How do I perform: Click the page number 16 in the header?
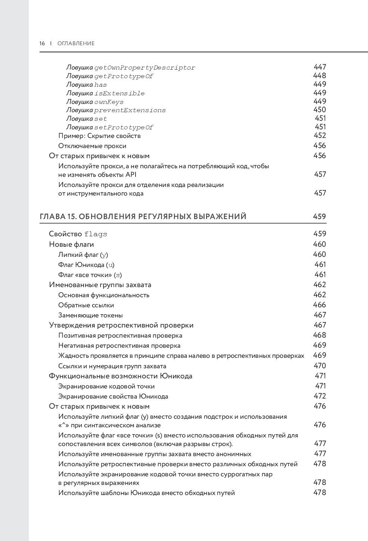click(42, 43)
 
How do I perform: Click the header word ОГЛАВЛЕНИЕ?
click(76, 43)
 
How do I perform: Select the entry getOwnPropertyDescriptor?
click(144, 68)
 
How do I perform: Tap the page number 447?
click(320, 67)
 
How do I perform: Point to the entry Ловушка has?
click(87, 85)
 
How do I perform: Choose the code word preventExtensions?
click(130, 110)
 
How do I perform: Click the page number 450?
click(320, 110)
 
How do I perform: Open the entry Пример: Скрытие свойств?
click(99, 136)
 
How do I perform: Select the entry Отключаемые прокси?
click(92, 146)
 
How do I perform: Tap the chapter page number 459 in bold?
click(320, 216)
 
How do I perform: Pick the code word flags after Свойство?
click(96, 234)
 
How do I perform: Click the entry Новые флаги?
click(72, 245)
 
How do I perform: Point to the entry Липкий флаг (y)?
click(83, 255)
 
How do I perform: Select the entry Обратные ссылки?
click(86, 305)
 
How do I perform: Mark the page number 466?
click(320, 305)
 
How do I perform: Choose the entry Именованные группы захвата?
click(100, 285)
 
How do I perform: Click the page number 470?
click(320, 366)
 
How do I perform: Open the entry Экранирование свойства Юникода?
click(113, 396)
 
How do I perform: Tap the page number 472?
click(320, 396)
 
